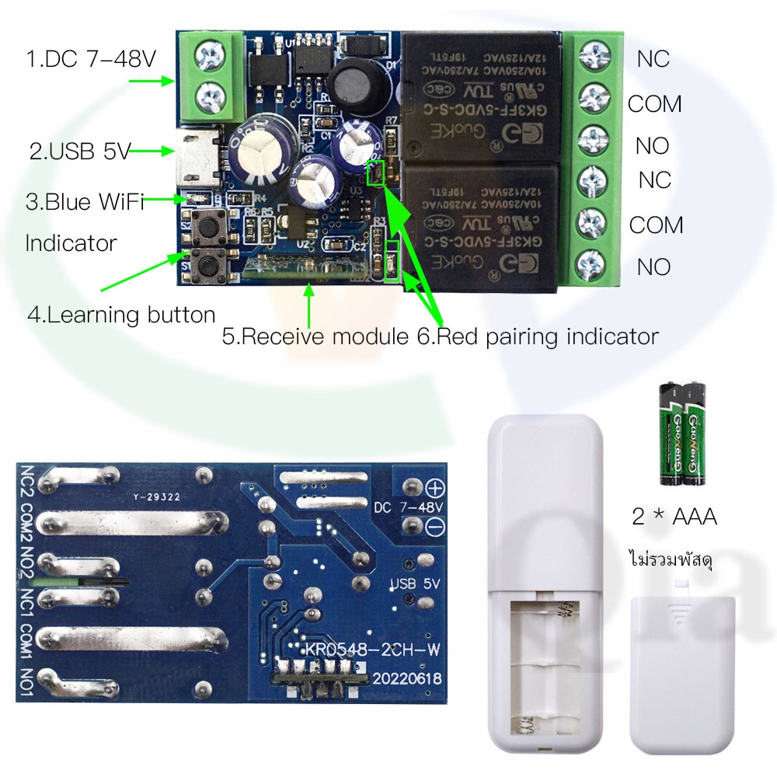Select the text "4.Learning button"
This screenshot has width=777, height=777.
pos(121,315)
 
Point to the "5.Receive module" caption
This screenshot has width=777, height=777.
pos(313,336)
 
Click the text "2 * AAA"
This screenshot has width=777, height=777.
pos(674,516)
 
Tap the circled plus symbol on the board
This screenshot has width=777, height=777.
pos(434,488)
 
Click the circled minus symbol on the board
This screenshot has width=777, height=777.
pos(434,526)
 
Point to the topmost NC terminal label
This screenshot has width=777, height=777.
pos(653,59)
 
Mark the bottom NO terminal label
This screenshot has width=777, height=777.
pos(653,267)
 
